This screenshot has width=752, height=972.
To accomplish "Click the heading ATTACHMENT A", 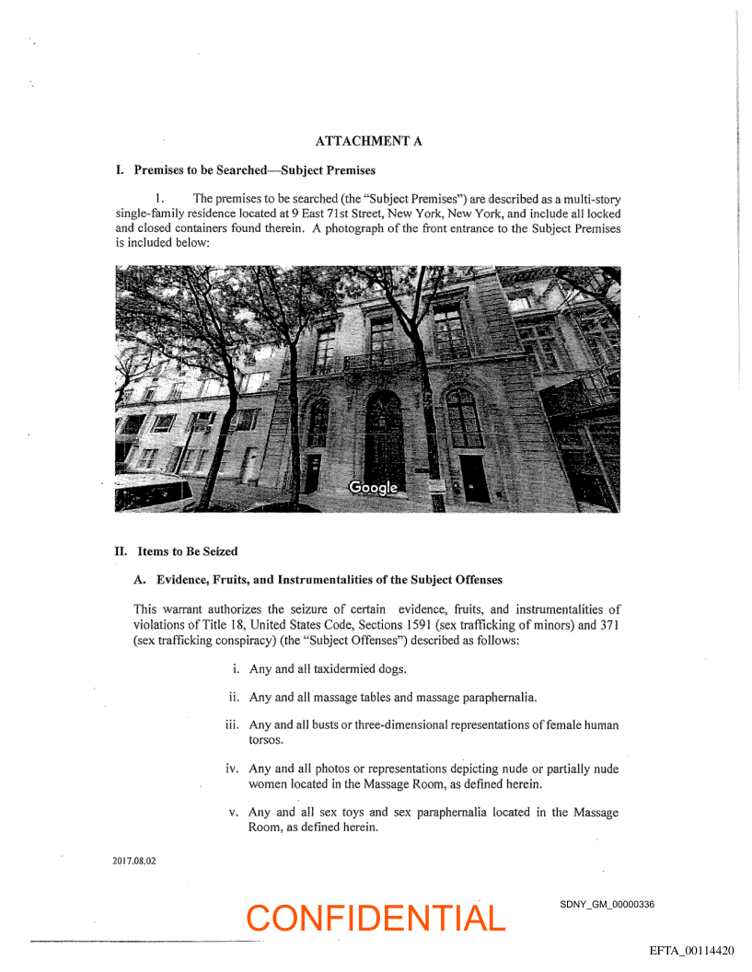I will point(368,141).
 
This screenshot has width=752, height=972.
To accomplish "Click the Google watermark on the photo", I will point(373,487).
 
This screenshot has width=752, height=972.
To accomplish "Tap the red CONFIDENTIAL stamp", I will point(376,918).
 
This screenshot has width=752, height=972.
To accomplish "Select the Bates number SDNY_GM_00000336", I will point(607,904).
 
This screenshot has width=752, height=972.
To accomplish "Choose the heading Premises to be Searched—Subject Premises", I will point(254,170).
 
